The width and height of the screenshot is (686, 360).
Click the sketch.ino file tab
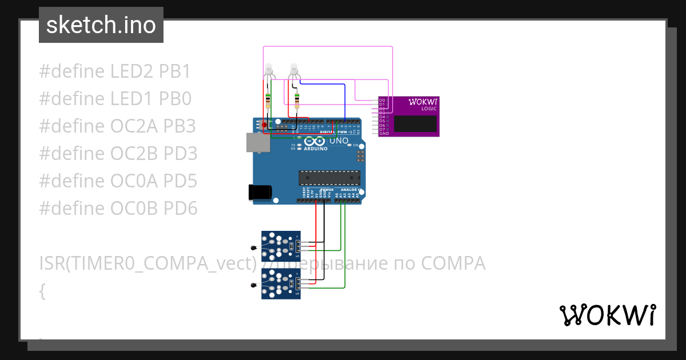101,25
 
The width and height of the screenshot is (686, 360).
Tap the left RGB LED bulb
268,70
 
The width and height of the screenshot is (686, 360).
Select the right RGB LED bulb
294,70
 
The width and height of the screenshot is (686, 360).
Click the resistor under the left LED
268,101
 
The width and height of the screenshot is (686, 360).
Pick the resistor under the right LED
297,101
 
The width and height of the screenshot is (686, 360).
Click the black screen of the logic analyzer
416,123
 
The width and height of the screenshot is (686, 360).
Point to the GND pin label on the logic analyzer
384,134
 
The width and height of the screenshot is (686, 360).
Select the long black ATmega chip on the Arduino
329,178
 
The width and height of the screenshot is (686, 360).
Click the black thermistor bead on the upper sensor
253,247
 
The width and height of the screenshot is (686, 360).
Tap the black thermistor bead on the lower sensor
253,285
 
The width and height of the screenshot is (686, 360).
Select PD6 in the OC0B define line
180,209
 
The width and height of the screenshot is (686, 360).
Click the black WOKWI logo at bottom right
607,315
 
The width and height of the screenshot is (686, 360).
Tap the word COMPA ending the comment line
453,263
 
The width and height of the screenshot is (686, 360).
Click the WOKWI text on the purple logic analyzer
422,102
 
